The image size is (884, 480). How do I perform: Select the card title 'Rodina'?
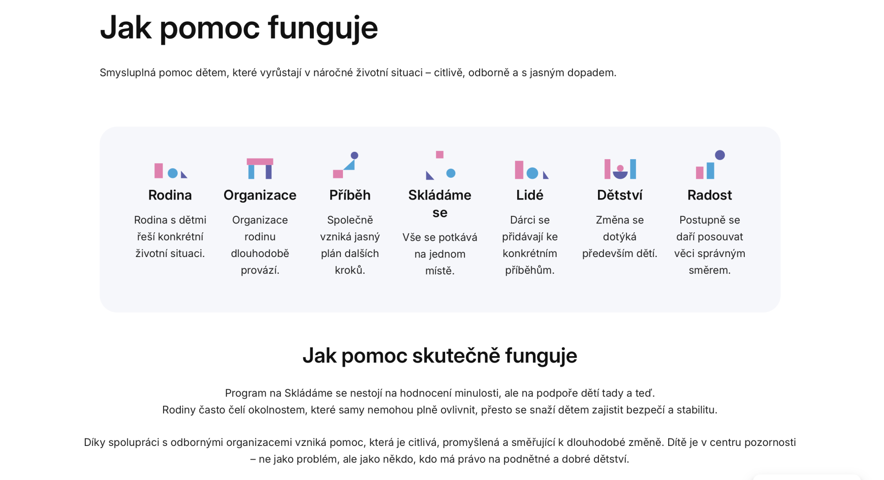pyautogui.click(x=170, y=195)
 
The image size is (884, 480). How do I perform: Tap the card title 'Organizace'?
pyautogui.click(x=260, y=195)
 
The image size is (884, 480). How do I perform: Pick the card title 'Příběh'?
pyautogui.click(x=350, y=195)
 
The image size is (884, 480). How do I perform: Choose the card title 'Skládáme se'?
pyautogui.click(x=440, y=204)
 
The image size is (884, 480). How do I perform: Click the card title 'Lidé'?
pyautogui.click(x=530, y=195)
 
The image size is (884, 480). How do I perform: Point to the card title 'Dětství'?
pyautogui.click(x=620, y=195)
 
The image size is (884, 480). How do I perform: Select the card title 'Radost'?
pyautogui.click(x=710, y=195)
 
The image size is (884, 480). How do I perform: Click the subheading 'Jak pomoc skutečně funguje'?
pyautogui.click(x=440, y=356)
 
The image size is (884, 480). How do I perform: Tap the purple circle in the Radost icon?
pyautogui.click(x=720, y=155)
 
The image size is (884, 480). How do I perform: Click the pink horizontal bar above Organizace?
pyautogui.click(x=260, y=161)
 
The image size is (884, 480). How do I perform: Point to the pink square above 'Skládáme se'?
pyautogui.click(x=440, y=154)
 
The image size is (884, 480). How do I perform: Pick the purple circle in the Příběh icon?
pyautogui.click(x=354, y=155)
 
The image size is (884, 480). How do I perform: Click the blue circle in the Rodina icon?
pyautogui.click(x=173, y=173)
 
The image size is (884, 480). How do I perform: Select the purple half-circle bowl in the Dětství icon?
pyautogui.click(x=620, y=175)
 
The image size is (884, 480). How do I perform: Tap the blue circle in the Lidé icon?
pyautogui.click(x=533, y=173)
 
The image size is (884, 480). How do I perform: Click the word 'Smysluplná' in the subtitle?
pyautogui.click(x=128, y=73)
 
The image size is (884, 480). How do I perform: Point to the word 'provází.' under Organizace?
pyautogui.click(x=260, y=270)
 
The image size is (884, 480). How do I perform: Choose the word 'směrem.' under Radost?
pyautogui.click(x=710, y=270)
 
